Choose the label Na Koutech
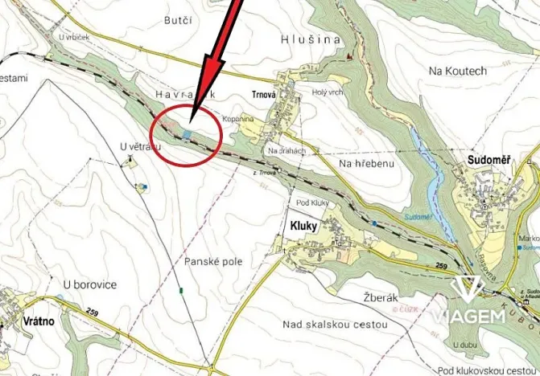[x=458, y=71]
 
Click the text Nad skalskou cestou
[x=336, y=325]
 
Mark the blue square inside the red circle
[x=188, y=134]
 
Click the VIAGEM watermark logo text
[x=468, y=315]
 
